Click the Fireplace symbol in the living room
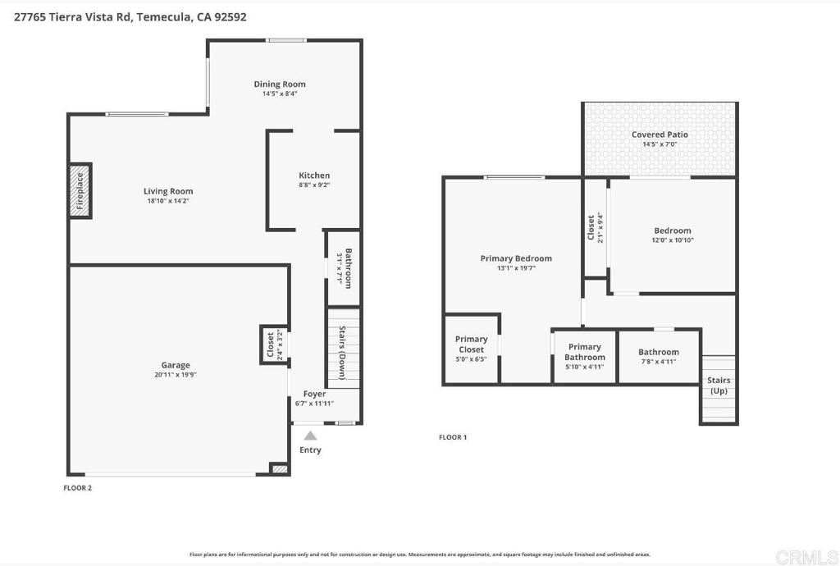pos(80,190)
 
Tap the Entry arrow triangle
pos(310,436)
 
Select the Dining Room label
pos(280,84)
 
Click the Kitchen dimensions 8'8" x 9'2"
pos(314,185)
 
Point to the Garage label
pos(176,365)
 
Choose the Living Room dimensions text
pos(168,201)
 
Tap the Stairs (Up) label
pos(719,385)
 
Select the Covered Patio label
pos(660,135)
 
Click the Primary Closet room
pos(472,349)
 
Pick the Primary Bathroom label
pos(585,352)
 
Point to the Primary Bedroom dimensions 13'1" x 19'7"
pos(516,268)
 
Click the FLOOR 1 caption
pos(453,437)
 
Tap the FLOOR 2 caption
pos(78,487)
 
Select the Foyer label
pos(314,395)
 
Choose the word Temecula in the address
pos(164,16)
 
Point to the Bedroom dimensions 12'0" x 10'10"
pos(673,240)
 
